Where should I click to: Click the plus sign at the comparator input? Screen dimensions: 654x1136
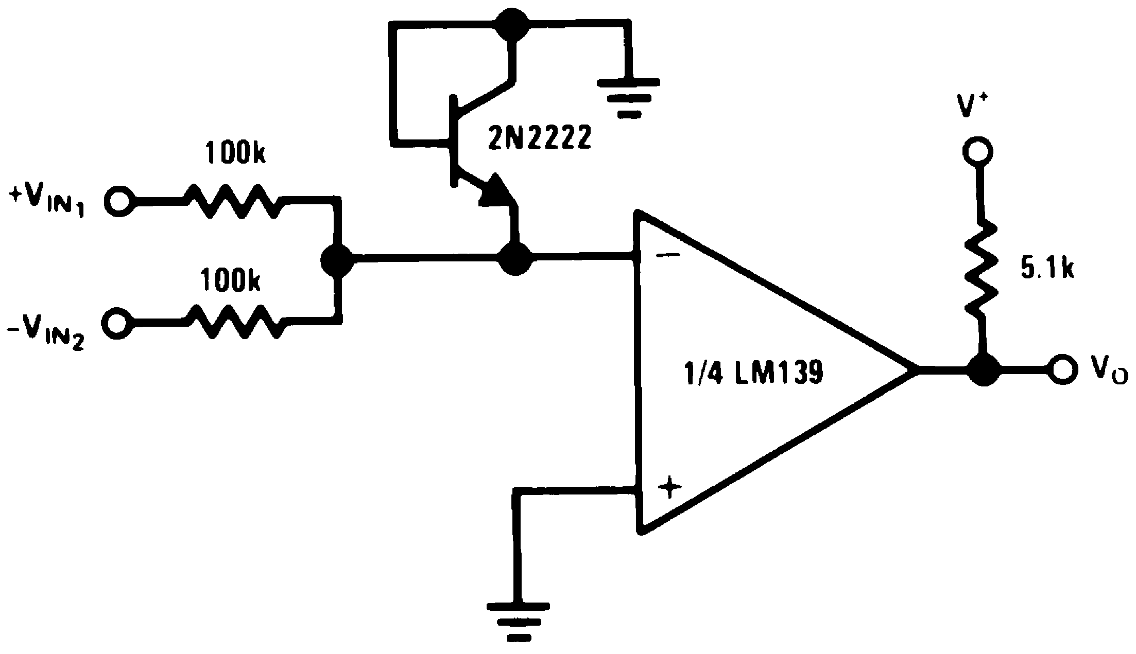point(668,487)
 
